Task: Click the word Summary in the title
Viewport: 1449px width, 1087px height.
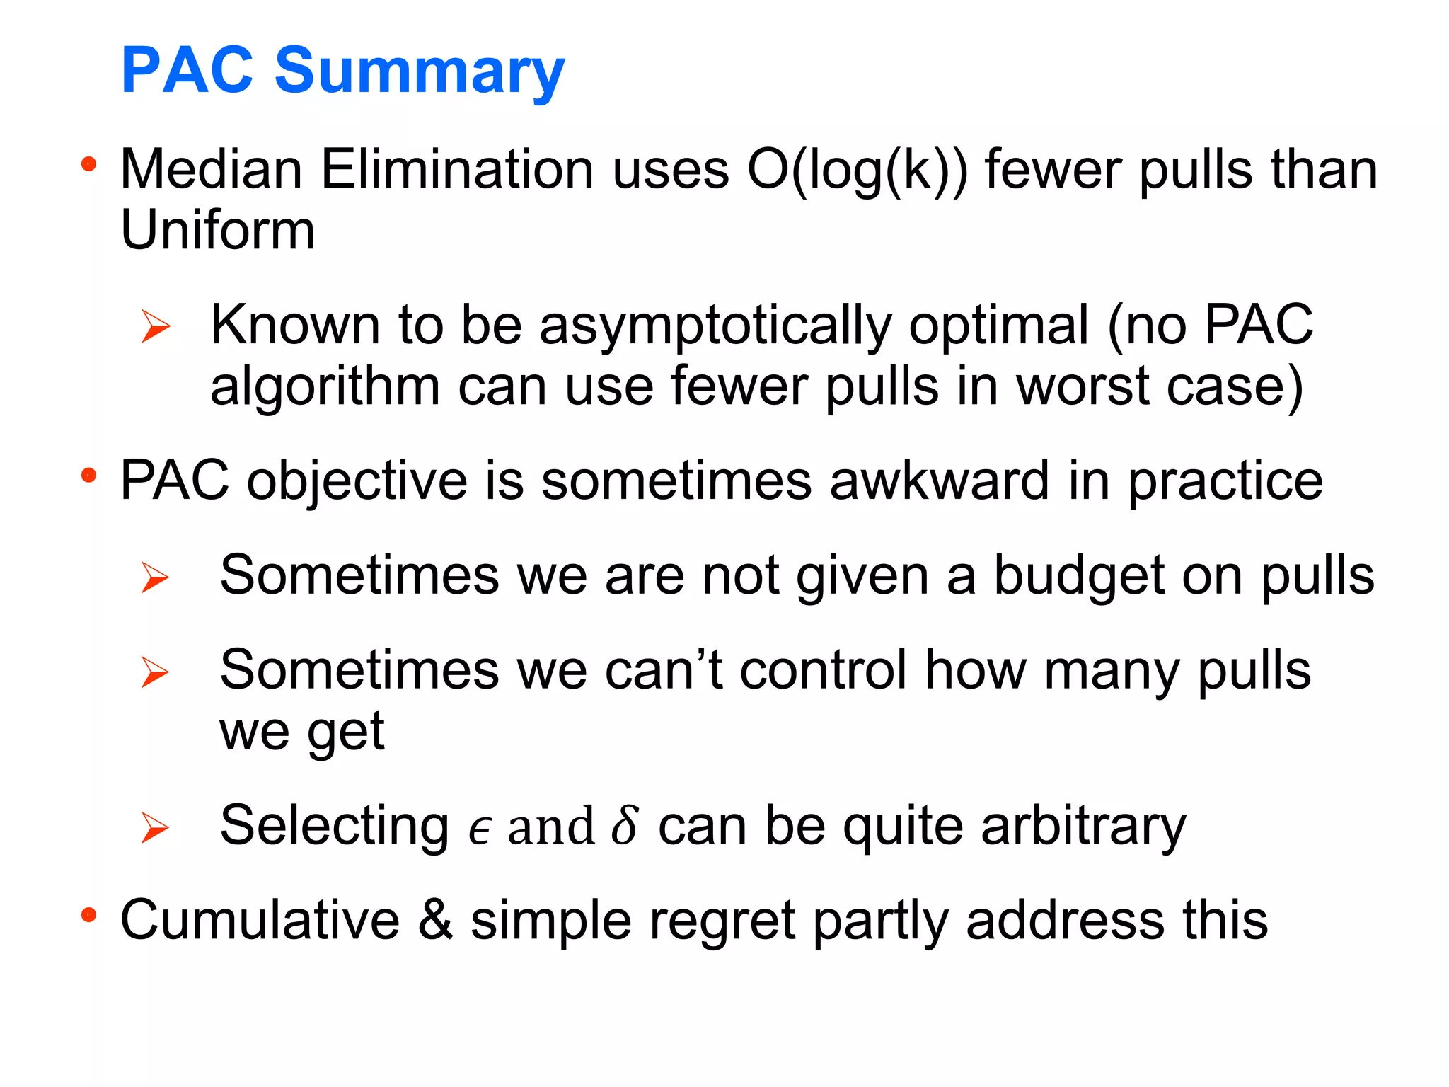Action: [420, 71]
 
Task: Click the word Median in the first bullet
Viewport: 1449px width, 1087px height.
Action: [212, 170]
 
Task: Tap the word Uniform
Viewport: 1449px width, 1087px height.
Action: [217, 231]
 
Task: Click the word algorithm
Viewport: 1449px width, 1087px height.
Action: [325, 387]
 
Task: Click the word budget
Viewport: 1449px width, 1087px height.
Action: [1078, 576]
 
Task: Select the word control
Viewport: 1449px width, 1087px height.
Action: [823, 670]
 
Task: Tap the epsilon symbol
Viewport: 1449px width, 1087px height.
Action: [479, 828]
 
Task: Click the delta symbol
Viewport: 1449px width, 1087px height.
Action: [625, 825]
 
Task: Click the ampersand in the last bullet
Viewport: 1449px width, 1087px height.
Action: [434, 920]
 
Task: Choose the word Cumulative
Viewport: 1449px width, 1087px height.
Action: [260, 920]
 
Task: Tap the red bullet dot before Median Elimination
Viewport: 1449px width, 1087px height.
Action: [88, 165]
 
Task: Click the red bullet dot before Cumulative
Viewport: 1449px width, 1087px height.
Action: [88, 915]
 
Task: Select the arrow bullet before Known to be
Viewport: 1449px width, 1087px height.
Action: [156, 326]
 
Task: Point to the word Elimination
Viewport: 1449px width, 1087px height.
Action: [457, 170]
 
